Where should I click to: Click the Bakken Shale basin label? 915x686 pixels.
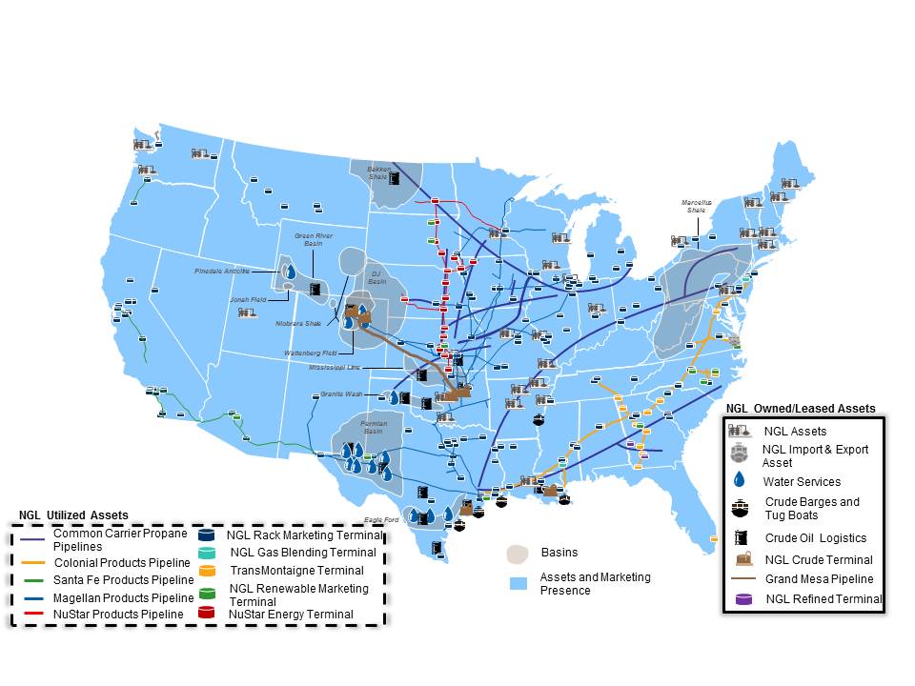coord(378,173)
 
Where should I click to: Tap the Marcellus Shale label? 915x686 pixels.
coord(696,206)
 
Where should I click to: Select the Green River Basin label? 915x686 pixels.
coord(308,239)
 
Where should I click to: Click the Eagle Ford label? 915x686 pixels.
coord(379,519)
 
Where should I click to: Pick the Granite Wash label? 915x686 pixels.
coord(341,393)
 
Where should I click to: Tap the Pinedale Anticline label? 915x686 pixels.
coord(221,271)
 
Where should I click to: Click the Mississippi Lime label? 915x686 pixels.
coord(335,367)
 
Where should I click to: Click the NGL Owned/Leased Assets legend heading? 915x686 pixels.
coord(801,408)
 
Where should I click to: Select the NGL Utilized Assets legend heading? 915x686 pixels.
coord(72,515)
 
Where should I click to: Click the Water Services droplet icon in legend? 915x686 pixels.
coord(741,481)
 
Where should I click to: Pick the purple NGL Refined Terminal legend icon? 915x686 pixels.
coord(741,599)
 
